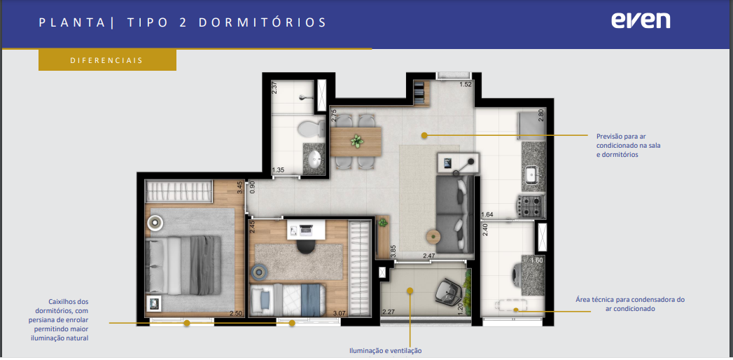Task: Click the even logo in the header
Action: coord(640,21)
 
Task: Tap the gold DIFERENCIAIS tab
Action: coord(107,60)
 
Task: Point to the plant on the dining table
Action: coord(356,140)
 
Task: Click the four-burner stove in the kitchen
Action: coord(531,206)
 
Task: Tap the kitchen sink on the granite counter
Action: coord(533,176)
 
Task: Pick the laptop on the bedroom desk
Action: coord(306,230)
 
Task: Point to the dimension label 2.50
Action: coord(236,313)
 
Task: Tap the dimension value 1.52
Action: coord(466,85)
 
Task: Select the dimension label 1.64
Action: coord(487,215)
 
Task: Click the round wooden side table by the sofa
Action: coord(434,236)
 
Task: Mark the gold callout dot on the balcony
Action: coord(410,291)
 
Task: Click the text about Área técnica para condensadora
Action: coord(630,304)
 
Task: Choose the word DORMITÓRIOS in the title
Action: coord(263,23)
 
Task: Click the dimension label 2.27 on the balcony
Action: coord(389,312)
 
